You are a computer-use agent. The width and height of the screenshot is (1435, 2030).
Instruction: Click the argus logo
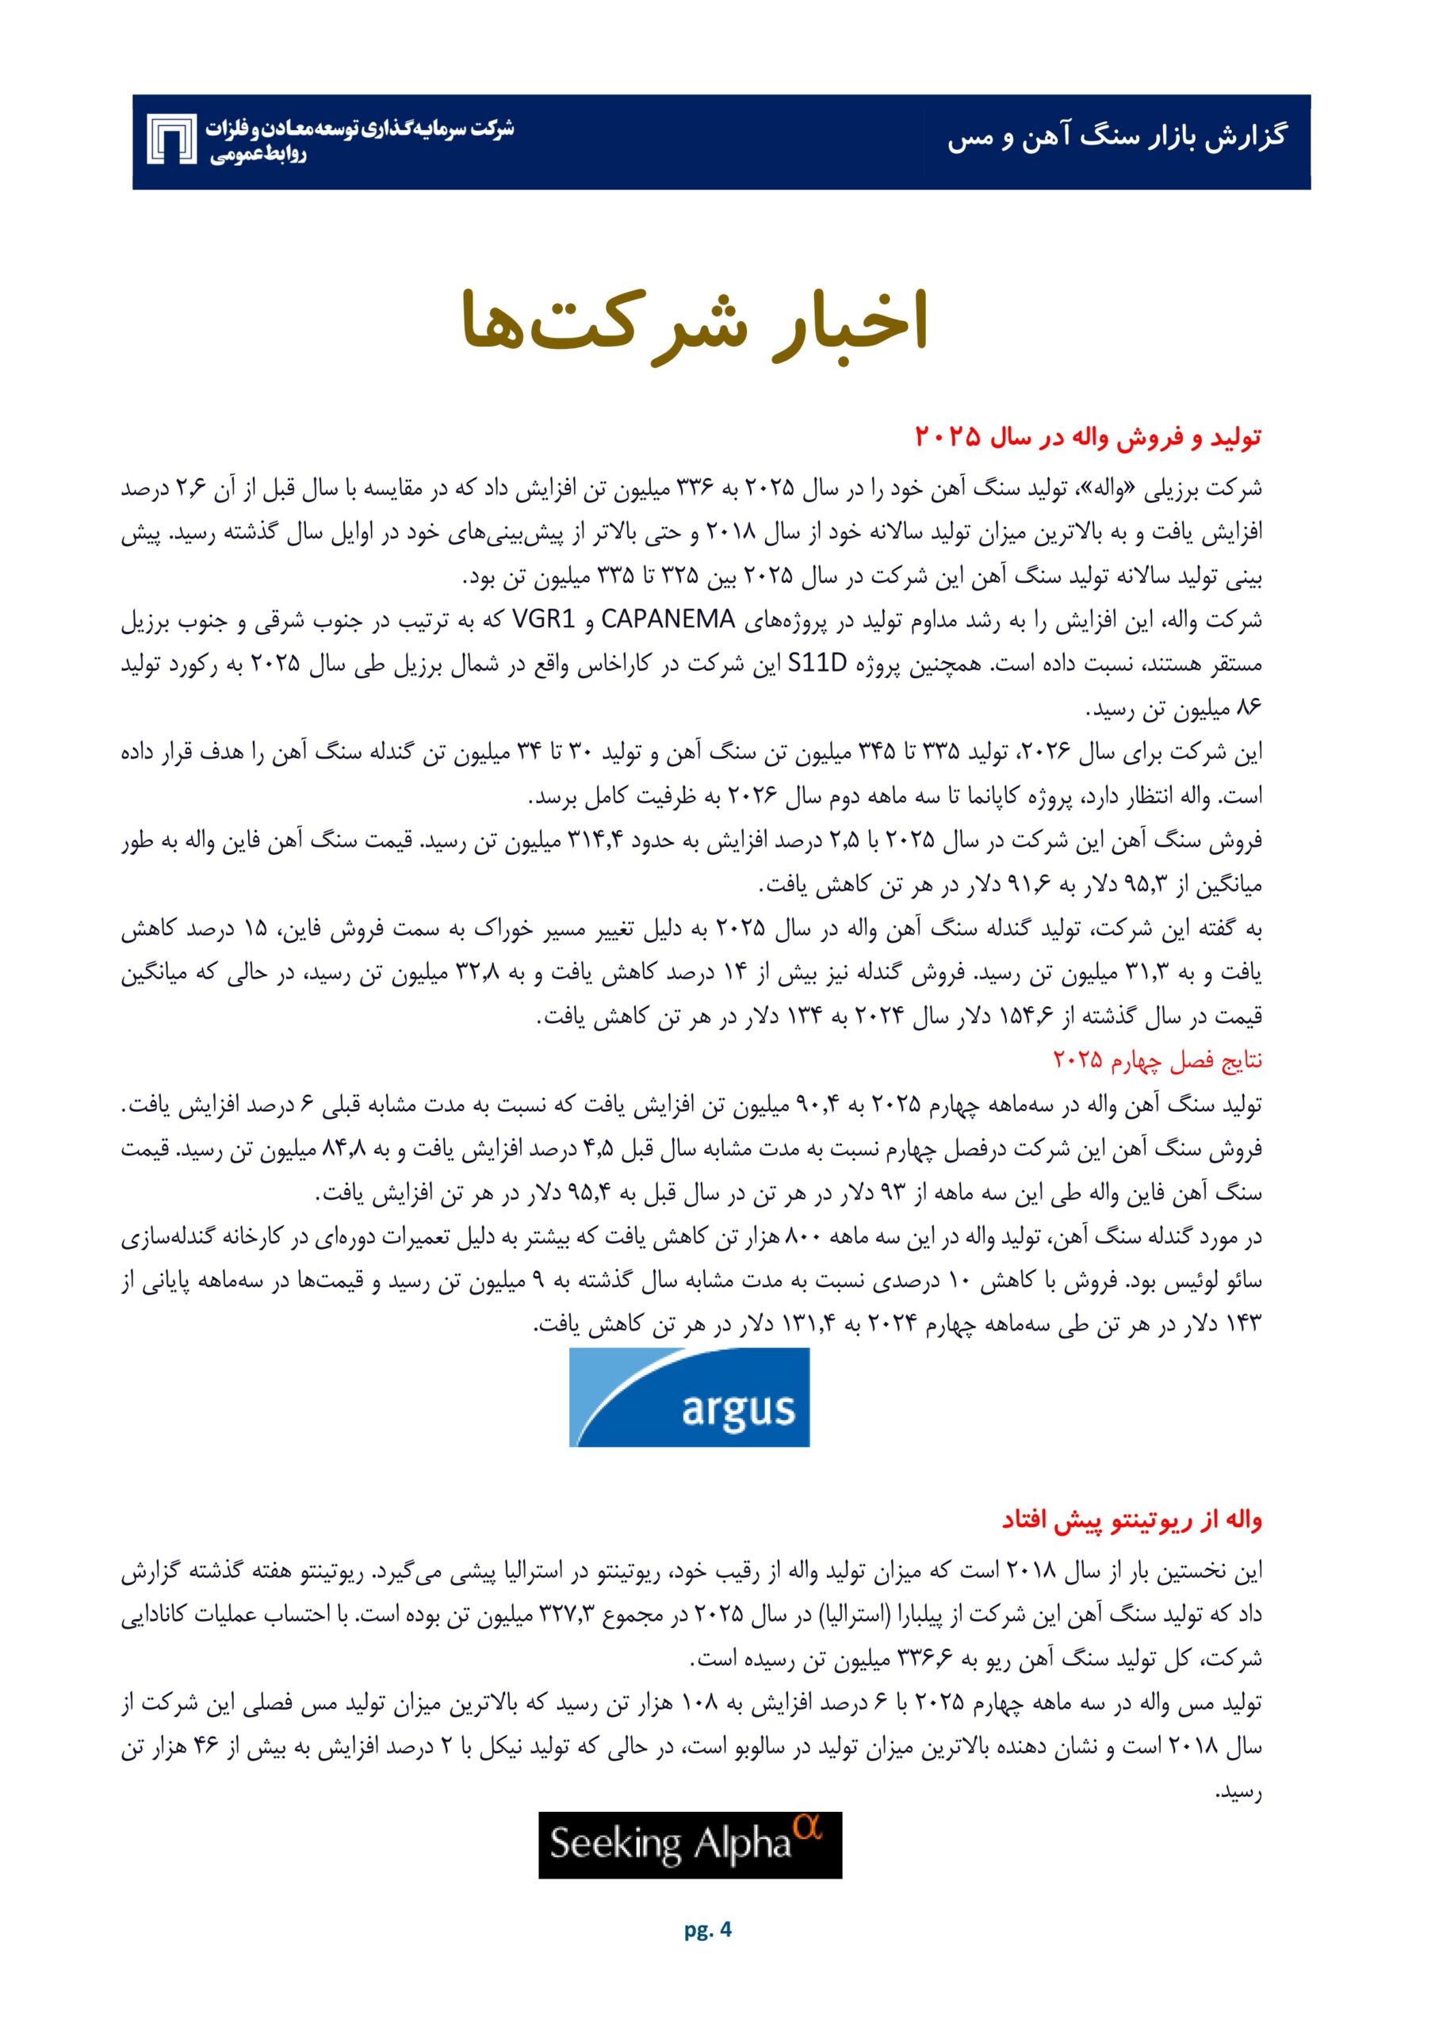tap(689, 1396)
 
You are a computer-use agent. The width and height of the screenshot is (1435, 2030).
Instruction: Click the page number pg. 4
tap(708, 1948)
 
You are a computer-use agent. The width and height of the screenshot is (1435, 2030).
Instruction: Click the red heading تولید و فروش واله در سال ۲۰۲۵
tap(1089, 436)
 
